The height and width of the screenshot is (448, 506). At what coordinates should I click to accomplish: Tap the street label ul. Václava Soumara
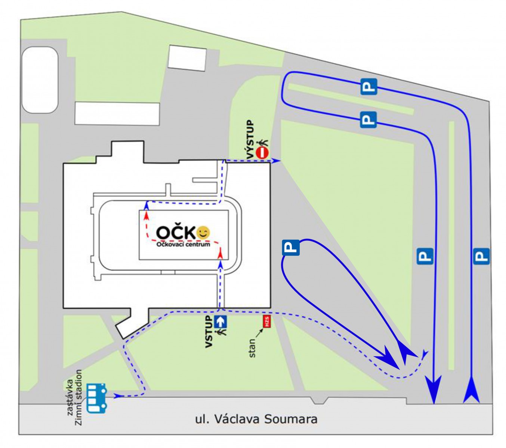tap(256, 419)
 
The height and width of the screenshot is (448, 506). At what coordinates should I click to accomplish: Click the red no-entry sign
tap(263, 153)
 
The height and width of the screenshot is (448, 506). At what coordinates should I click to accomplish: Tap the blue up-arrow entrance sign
tap(221, 321)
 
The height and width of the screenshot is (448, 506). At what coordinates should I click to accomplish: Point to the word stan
tap(252, 348)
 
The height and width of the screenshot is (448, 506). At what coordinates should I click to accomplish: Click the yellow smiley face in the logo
tap(203, 233)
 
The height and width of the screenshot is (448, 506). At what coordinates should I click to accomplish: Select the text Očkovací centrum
tap(183, 245)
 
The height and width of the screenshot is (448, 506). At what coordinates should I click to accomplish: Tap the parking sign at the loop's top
tap(291, 247)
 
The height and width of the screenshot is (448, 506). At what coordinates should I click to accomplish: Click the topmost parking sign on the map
tap(368, 87)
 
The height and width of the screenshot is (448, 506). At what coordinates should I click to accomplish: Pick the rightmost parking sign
tap(481, 256)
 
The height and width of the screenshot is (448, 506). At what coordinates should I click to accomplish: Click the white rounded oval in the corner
tap(40, 80)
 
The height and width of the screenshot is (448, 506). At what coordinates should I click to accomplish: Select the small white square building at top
tap(187, 57)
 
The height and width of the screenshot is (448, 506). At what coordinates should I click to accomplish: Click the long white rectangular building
tap(117, 113)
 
